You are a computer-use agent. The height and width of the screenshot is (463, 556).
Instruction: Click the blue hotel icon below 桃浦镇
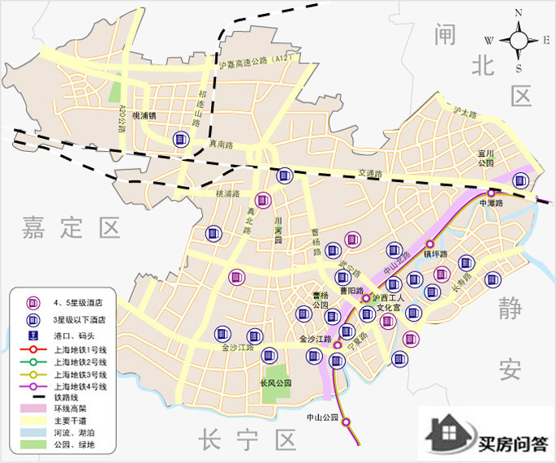(181, 140)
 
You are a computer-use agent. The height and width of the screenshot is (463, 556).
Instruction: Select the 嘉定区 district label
(71, 227)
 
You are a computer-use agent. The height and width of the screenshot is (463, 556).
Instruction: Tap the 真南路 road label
(221, 144)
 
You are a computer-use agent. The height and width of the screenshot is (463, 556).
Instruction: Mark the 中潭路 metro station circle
(492, 193)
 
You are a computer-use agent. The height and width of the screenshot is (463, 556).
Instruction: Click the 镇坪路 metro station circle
(430, 243)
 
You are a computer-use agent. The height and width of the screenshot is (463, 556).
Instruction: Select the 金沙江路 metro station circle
(338, 345)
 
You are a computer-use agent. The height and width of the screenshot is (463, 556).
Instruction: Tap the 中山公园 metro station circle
(346, 422)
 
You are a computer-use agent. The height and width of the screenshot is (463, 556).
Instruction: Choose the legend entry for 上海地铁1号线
(73, 348)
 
